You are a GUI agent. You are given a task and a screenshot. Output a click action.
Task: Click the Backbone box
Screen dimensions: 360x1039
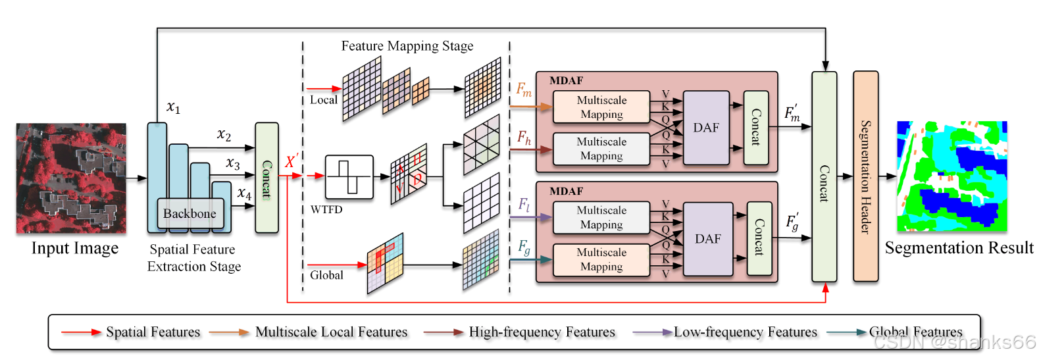(x=190, y=213)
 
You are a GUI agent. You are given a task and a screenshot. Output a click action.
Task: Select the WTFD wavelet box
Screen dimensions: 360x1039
(x=349, y=177)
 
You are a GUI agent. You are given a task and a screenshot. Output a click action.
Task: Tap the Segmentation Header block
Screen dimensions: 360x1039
(x=865, y=176)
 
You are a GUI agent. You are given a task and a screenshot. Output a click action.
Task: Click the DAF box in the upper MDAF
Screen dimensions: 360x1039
(x=707, y=128)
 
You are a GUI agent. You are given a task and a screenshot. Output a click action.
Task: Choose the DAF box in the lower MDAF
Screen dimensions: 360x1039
(x=708, y=239)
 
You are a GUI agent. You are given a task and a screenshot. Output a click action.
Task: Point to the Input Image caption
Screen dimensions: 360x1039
(x=75, y=248)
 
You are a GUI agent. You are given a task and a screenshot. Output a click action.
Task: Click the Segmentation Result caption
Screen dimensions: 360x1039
(x=959, y=248)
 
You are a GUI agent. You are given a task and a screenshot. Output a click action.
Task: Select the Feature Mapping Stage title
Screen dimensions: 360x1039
(x=407, y=46)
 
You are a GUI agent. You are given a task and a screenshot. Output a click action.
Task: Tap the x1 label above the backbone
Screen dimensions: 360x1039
(x=173, y=107)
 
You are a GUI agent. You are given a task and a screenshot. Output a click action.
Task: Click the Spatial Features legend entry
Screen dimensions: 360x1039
(x=153, y=332)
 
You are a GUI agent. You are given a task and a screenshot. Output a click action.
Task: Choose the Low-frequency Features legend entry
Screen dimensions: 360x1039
(x=745, y=332)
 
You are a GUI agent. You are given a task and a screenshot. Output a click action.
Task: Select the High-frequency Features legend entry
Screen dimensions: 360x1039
(x=542, y=332)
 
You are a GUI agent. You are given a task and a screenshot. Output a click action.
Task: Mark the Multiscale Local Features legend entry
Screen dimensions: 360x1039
(x=331, y=332)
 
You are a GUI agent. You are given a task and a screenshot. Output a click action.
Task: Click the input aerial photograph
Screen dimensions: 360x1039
(x=71, y=178)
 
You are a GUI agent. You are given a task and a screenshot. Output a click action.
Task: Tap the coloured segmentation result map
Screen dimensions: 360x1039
(x=951, y=176)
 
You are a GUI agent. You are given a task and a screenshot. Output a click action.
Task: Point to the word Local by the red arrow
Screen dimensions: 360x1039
(x=323, y=100)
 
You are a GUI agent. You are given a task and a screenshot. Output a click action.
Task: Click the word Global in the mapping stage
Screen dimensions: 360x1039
(x=326, y=275)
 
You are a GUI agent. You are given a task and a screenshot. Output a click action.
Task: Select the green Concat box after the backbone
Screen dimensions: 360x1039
(x=266, y=178)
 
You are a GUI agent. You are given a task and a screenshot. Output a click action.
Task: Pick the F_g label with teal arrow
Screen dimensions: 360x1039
(x=524, y=247)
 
